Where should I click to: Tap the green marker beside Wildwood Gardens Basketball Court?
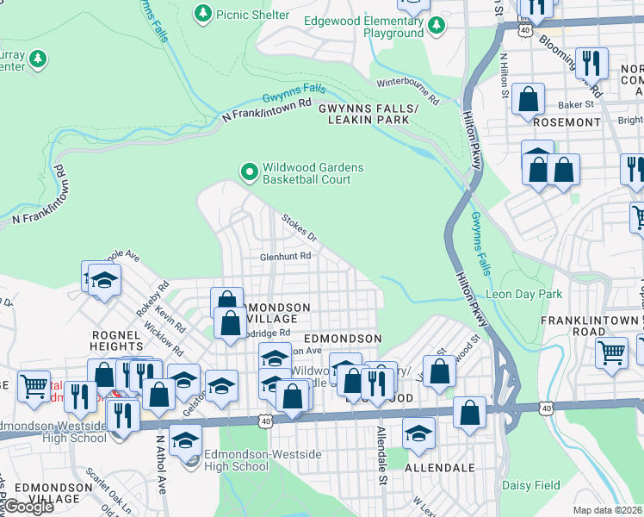(x=250, y=173)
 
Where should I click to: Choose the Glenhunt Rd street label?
(x=287, y=256)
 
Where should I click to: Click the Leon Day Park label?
(x=524, y=294)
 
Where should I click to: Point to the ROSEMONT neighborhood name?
(x=567, y=122)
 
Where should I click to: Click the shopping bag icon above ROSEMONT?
(x=528, y=98)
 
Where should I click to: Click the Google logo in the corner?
(x=28, y=507)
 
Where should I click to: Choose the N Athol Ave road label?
(x=160, y=464)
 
